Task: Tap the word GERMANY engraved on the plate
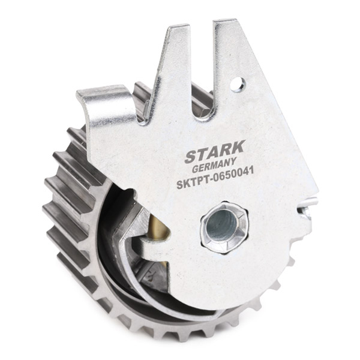tap(214, 166)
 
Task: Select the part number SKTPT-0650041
tap(215, 178)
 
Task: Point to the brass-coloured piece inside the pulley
tap(158, 227)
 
